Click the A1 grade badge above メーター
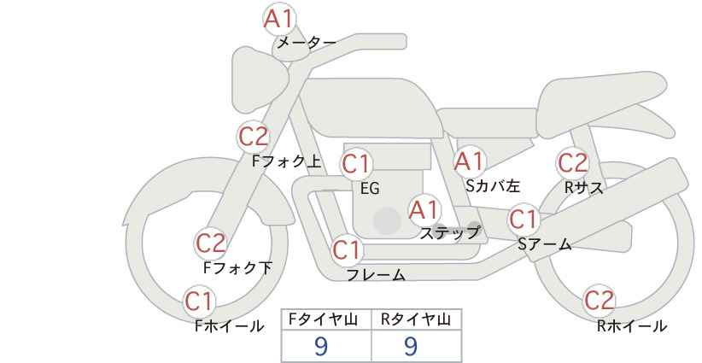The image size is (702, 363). click(x=279, y=20)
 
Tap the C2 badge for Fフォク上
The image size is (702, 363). click(x=254, y=137)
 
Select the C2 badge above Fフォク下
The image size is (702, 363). click(x=211, y=243)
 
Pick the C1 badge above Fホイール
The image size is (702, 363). click(x=199, y=302)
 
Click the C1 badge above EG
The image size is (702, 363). click(x=357, y=164)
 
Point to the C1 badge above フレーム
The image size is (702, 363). click(x=348, y=249)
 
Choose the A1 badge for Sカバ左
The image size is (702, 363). click(x=470, y=161)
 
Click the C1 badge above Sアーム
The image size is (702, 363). click(x=524, y=220)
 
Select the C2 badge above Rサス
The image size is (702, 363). click(x=572, y=163)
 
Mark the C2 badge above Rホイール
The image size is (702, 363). click(x=599, y=301)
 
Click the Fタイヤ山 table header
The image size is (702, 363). click(x=323, y=319)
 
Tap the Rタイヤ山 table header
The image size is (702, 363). click(x=416, y=319)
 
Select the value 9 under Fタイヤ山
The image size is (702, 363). click(x=321, y=346)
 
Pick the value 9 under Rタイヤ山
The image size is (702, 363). click(x=411, y=346)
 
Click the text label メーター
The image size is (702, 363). click(x=307, y=43)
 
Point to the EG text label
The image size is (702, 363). click(x=370, y=189)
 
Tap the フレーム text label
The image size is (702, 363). click(x=376, y=275)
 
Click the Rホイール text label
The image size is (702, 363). click(x=632, y=326)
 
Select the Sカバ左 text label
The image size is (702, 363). click(x=493, y=185)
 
